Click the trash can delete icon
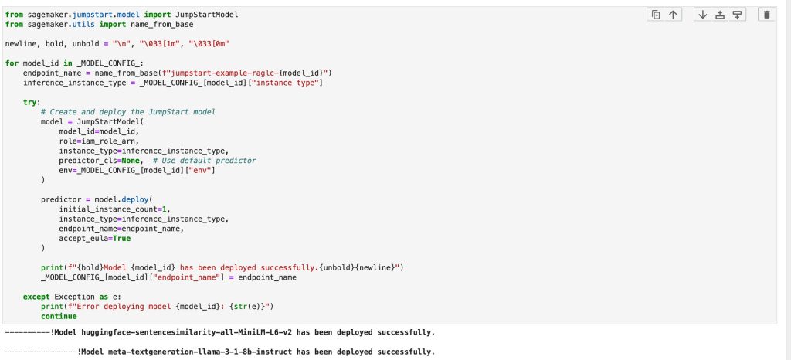click(767, 15)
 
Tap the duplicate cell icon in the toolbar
click(655, 15)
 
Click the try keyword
click(31, 102)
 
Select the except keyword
click(36, 297)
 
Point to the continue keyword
click(59, 316)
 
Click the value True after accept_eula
click(121, 239)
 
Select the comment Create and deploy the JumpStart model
click(128, 111)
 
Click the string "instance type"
click(287, 83)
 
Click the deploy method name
click(135, 199)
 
